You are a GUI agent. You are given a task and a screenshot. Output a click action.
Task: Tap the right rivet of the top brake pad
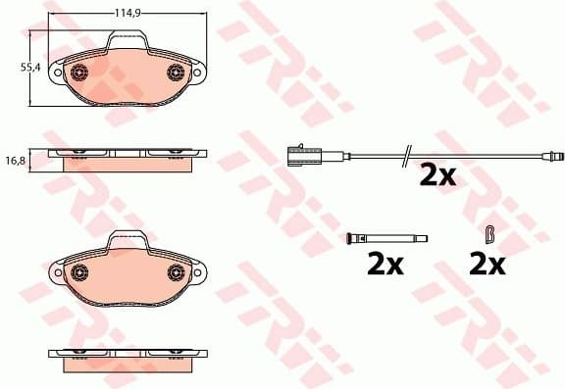tap(177, 72)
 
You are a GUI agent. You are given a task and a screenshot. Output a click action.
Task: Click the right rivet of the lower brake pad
tap(177, 272)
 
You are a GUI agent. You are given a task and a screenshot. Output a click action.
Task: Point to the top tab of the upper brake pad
tap(128, 39)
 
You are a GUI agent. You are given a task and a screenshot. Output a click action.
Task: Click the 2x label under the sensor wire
tap(437, 176)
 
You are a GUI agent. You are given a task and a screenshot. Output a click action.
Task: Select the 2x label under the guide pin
tap(385, 264)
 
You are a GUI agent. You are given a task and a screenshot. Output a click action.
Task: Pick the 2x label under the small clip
tap(487, 264)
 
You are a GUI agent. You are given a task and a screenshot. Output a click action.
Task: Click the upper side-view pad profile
tap(128, 157)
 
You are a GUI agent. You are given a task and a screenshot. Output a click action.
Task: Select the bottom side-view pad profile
tap(128, 357)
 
